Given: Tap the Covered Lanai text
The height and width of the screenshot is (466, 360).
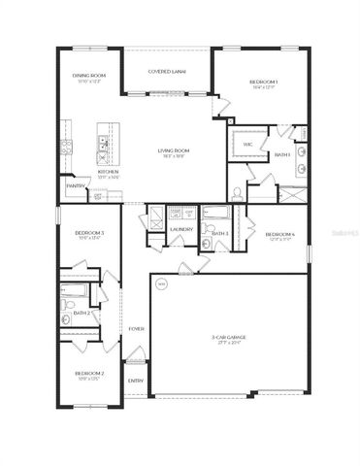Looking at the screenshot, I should (167, 72).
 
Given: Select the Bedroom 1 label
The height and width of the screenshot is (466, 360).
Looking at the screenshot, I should (264, 82).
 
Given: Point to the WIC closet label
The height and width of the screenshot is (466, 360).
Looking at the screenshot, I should (247, 144).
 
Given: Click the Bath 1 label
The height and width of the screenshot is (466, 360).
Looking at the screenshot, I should (282, 154).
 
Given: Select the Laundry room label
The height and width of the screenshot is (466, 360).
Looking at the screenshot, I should (181, 230).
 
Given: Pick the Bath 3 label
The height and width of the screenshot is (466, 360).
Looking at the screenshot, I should (220, 233).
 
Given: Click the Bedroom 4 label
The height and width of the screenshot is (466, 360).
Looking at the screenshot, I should (279, 233).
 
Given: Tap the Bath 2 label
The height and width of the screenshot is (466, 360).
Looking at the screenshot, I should (82, 313).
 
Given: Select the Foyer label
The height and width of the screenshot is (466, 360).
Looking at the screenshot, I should (137, 328).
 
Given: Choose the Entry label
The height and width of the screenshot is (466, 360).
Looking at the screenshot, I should (136, 381).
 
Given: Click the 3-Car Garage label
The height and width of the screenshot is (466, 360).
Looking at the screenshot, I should (231, 337).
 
